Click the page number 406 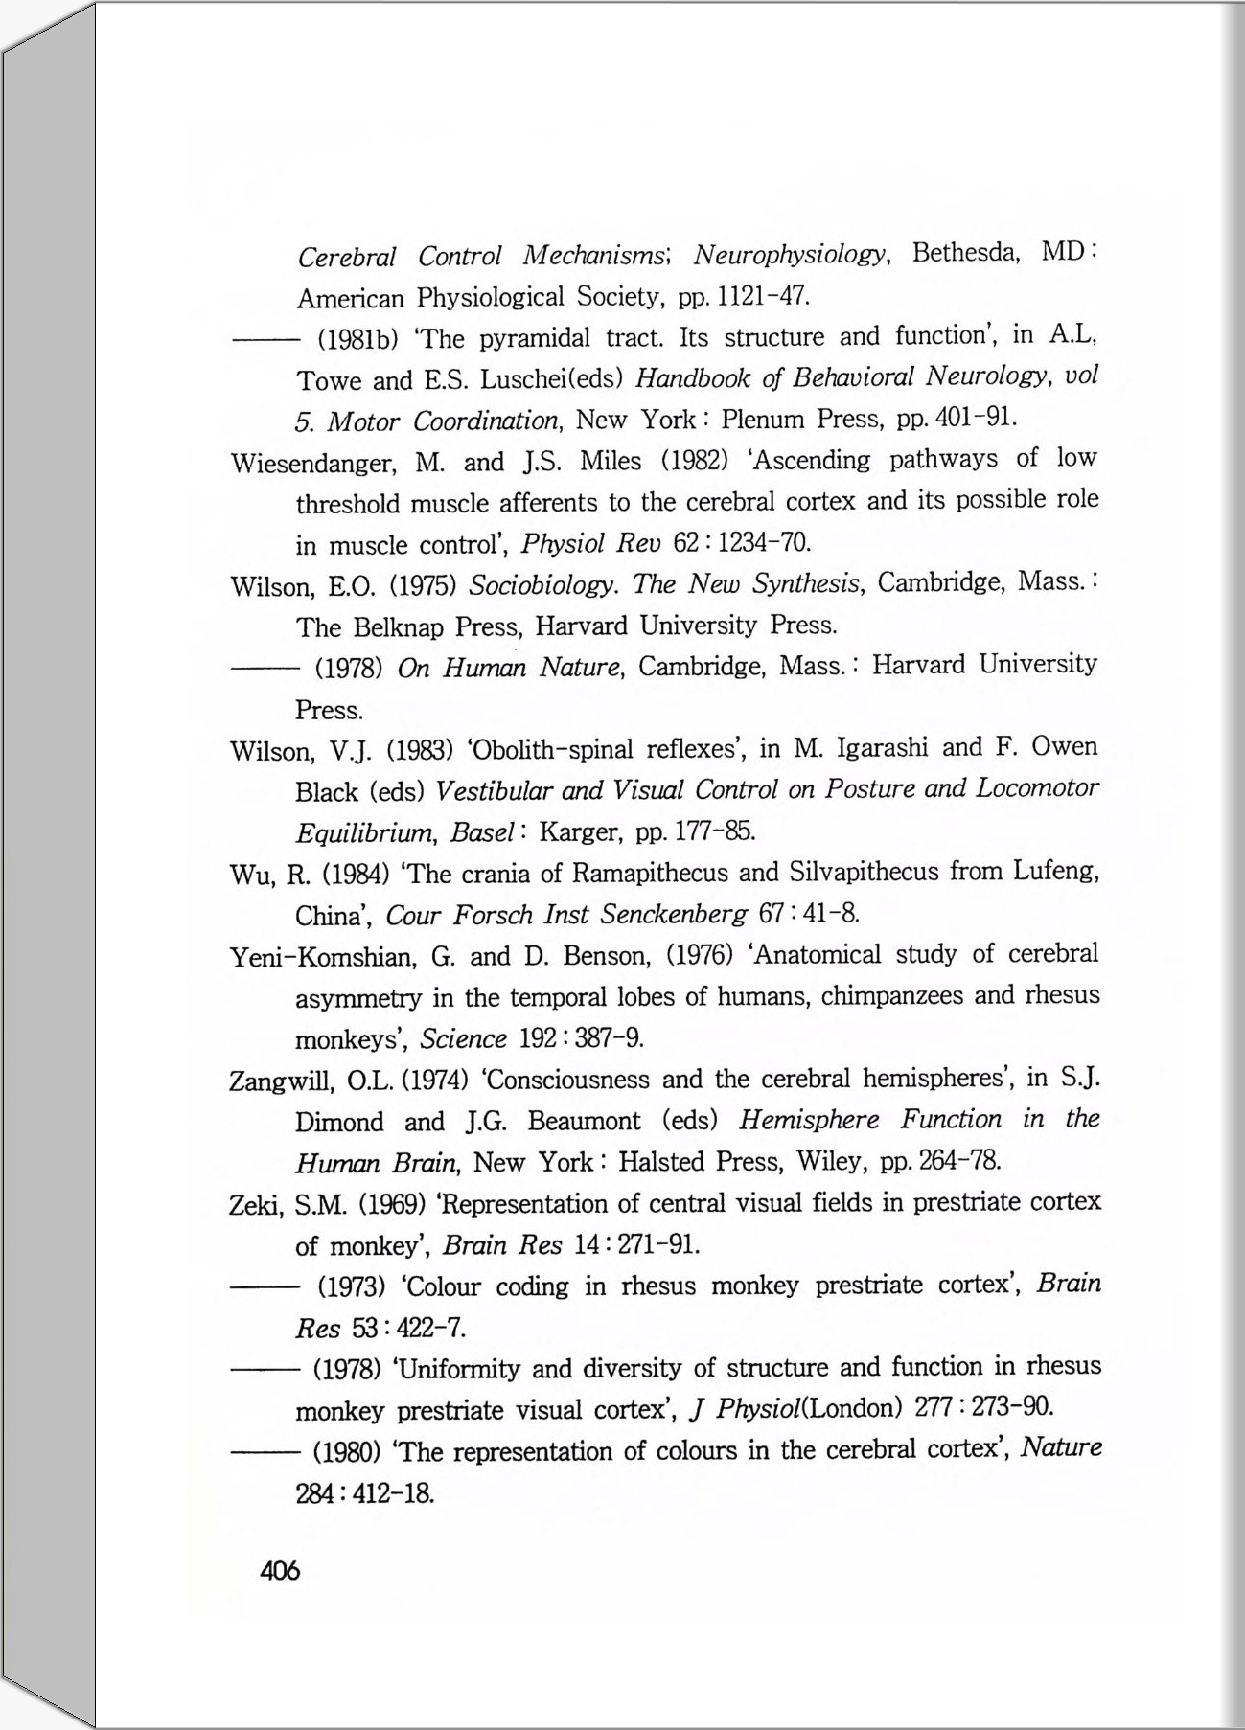pyautogui.click(x=280, y=1571)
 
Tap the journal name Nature pyautogui.click(x=1061, y=1446)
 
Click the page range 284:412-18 pyautogui.click(x=365, y=1493)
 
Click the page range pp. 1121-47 pyautogui.click(x=744, y=296)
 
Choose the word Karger pyautogui.click(x=581, y=831)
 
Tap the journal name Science pyautogui.click(x=463, y=1039)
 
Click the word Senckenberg pyautogui.click(x=673, y=914)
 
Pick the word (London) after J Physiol pyautogui.click(x=851, y=1407)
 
